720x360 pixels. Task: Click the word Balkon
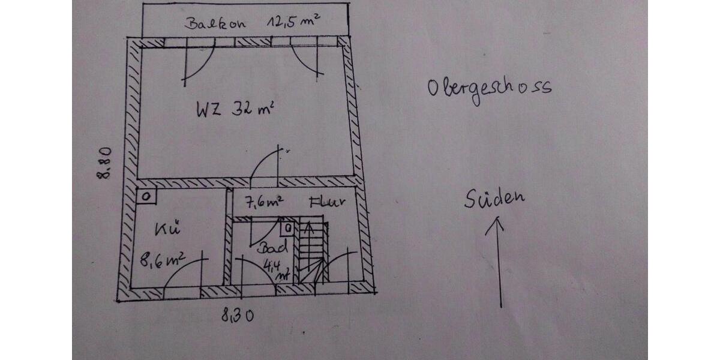point(215,23)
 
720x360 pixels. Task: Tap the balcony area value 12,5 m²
point(293,22)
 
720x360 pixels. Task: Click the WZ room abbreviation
point(209,109)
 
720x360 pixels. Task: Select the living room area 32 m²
point(253,109)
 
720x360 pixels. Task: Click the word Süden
point(494,199)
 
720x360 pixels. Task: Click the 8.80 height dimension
point(104,163)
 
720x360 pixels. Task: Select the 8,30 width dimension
point(237,315)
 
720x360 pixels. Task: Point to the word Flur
point(327,202)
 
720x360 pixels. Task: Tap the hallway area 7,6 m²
point(264,202)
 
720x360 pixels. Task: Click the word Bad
point(272,247)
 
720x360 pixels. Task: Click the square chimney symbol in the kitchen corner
point(146,196)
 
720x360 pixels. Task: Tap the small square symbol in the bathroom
point(288,229)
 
